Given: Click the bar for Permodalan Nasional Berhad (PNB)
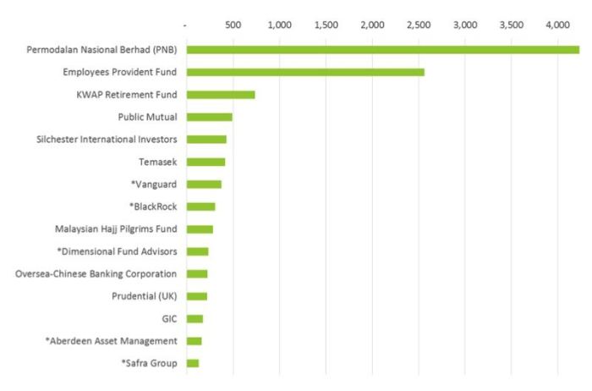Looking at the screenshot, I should pos(382,49).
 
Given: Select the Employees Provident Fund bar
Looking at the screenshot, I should pos(305,72).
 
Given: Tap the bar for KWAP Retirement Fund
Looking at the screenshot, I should pos(221,95).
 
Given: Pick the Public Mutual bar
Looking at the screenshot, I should pos(209,117).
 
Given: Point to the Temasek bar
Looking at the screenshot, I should pos(206,162).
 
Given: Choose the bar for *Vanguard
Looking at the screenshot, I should pos(204,184).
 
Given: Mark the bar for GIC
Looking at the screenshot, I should pos(195,318).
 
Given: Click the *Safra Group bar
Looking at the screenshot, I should pos(193,363).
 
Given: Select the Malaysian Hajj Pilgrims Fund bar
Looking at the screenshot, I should pos(200,229).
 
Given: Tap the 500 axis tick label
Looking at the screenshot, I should pos(233,26).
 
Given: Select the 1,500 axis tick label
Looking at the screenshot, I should pos(326,26).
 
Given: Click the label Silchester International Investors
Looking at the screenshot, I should pos(107,139).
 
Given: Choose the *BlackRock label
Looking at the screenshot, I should pos(153,206).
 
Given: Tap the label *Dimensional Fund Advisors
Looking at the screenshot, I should pos(117,251).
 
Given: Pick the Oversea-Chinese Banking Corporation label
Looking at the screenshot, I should pos(96,273).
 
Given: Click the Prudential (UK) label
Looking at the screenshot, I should pos(144,296).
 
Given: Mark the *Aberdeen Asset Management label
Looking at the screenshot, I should pos(111,340).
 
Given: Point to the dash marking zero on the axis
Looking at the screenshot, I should pos(186,27).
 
